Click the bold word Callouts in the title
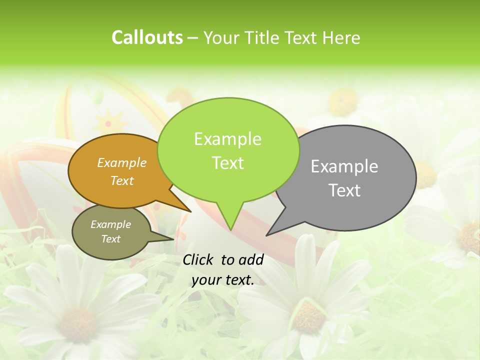coord(147,37)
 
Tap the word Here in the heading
coord(342,37)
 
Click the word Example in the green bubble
coord(227,139)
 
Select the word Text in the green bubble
coord(227,163)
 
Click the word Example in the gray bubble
coord(344,166)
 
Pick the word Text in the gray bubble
coord(344,190)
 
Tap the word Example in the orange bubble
coord(122,163)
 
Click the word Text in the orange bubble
coord(122,181)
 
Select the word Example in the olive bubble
coord(110,224)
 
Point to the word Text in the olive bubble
coord(110,239)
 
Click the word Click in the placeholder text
coord(199,259)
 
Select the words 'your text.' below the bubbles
coord(223,280)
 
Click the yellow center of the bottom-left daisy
coord(78,324)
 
